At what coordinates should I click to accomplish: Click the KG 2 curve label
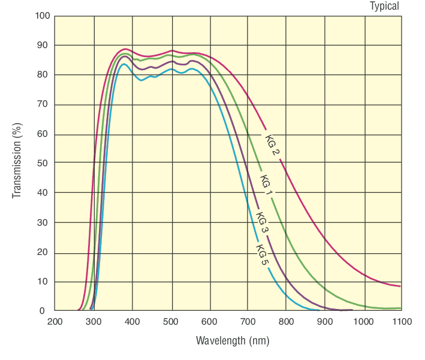[x=273, y=143]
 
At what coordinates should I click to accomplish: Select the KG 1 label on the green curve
[x=267, y=184]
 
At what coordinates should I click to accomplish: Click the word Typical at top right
[x=384, y=6]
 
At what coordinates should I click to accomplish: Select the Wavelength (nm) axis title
[x=233, y=341]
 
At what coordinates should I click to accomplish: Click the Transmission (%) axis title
[x=17, y=163]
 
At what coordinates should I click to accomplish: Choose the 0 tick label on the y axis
[x=43, y=311]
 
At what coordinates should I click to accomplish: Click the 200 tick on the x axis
[x=55, y=322]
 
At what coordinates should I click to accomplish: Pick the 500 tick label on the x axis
[x=171, y=322]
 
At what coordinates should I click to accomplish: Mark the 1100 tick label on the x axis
[x=402, y=322]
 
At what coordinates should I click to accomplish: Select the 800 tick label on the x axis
[x=287, y=322]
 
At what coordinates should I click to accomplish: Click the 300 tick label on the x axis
[x=94, y=322]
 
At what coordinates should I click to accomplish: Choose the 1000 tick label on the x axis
[x=363, y=322]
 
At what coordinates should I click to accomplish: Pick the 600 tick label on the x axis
[x=209, y=322]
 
